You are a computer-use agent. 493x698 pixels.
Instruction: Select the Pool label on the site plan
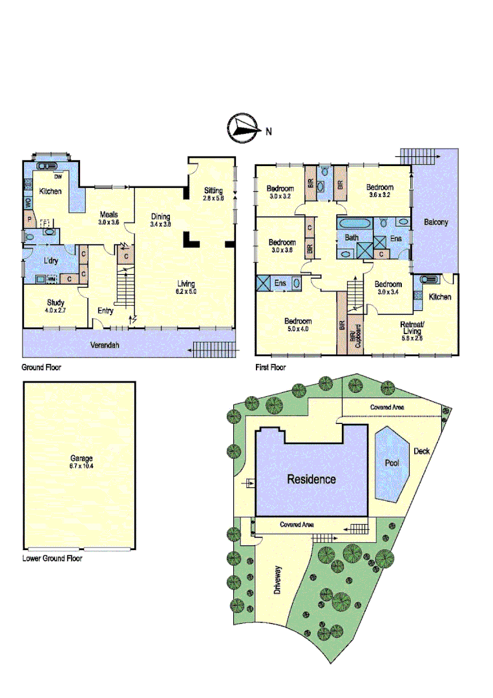[x=392, y=463]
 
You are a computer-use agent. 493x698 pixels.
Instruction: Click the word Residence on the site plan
[x=311, y=479]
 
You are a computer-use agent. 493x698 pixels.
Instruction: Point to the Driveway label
[x=278, y=580]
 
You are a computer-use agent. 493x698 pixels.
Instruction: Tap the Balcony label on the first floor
[x=436, y=222]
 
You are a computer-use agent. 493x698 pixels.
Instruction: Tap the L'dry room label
[x=51, y=260]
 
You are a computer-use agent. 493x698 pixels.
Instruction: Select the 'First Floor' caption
[x=270, y=366]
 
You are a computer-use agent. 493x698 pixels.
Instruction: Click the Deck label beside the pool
[x=421, y=451]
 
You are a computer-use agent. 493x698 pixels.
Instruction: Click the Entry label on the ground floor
[x=105, y=311]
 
